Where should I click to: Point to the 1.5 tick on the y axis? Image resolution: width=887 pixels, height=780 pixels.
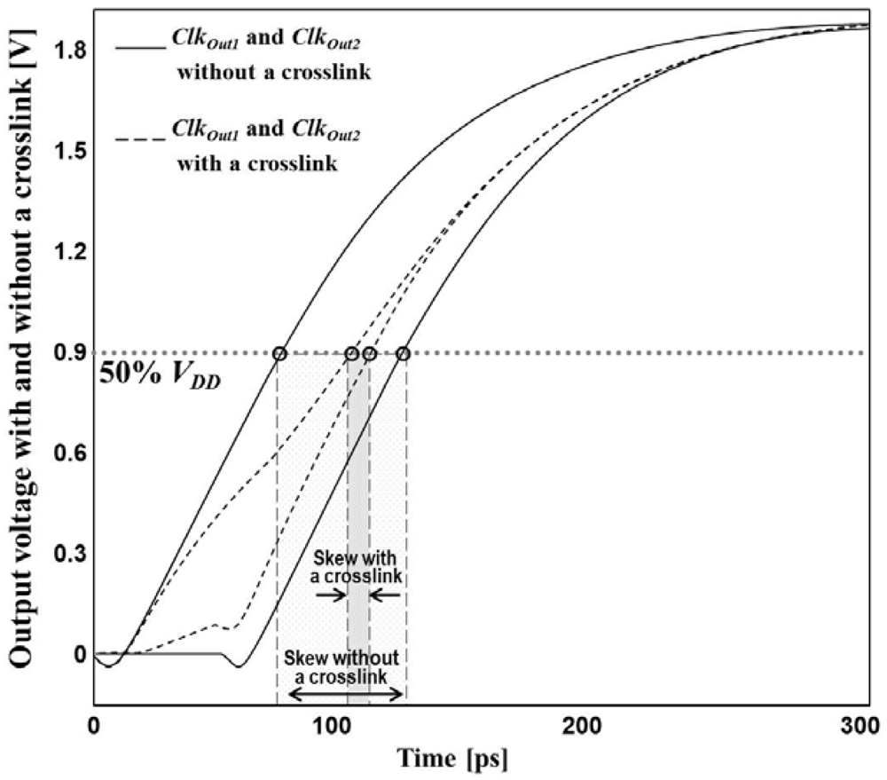pyautogui.click(x=69, y=152)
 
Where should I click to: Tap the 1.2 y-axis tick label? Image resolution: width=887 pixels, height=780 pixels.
pyautogui.click(x=69, y=253)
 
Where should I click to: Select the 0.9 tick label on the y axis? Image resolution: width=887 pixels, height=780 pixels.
pyautogui.click(x=69, y=353)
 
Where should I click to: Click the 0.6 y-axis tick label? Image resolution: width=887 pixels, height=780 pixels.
pyautogui.click(x=69, y=453)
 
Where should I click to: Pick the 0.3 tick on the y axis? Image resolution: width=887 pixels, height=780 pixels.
pyautogui.click(x=69, y=554)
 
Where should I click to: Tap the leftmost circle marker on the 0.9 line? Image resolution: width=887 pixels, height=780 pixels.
pyautogui.click(x=280, y=353)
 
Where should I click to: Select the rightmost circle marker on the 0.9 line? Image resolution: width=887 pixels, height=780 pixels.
pyautogui.click(x=404, y=353)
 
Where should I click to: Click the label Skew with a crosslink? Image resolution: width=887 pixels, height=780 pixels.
pyautogui.click(x=358, y=566)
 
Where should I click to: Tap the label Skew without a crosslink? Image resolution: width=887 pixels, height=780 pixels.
pyautogui.click(x=346, y=666)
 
